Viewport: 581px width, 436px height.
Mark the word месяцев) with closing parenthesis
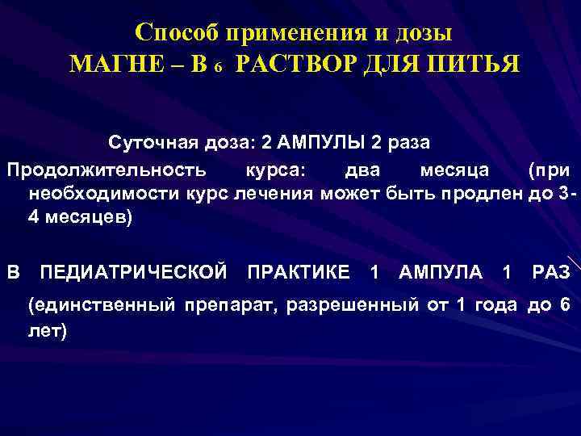point(86,218)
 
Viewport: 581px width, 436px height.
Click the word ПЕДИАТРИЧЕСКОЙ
point(133,272)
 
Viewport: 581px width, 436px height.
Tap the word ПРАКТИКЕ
point(299,272)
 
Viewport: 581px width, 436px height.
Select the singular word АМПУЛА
point(441,272)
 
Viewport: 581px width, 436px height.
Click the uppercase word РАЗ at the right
point(551,272)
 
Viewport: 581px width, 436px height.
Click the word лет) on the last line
point(47,329)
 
